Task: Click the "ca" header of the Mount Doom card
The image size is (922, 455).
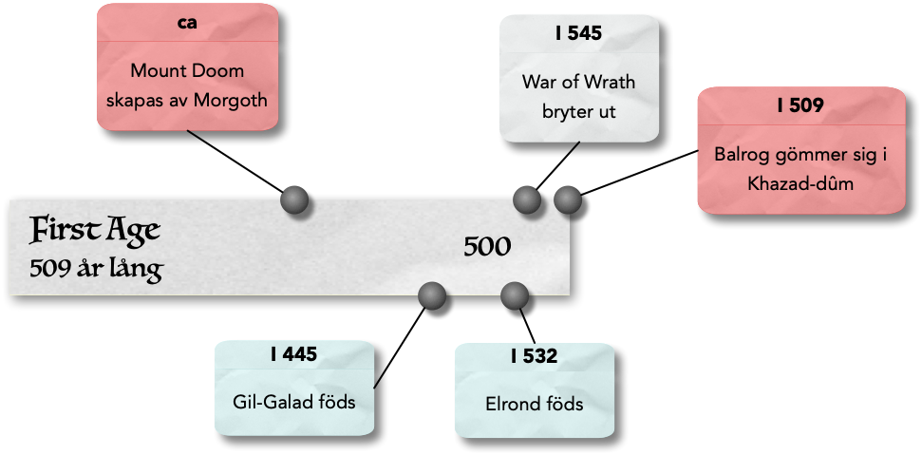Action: (187, 23)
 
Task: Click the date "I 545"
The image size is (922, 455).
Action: (578, 34)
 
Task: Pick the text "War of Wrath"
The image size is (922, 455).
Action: (578, 81)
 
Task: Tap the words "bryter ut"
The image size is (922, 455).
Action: (578, 110)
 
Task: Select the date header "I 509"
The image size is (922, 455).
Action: (800, 105)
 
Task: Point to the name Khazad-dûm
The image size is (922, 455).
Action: (800, 183)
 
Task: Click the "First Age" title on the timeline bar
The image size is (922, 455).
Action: (94, 230)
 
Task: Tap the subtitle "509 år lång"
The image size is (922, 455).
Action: (96, 270)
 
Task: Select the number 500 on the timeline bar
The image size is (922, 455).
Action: (487, 247)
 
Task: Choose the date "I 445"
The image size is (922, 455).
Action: (293, 355)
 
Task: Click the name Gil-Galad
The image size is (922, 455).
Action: (269, 402)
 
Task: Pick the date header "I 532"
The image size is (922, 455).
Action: (534, 357)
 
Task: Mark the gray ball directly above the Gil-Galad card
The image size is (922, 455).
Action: (432, 296)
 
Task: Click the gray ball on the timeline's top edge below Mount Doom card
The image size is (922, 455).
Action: (295, 199)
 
